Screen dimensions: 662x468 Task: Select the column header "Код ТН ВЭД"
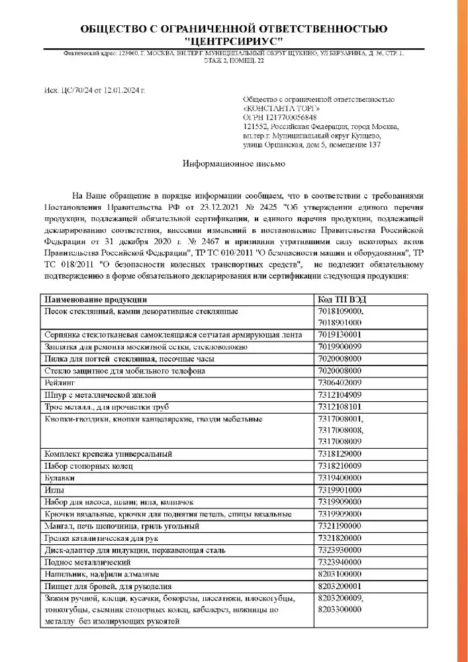pos(342,299)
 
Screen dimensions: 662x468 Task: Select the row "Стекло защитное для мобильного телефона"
pos(124,371)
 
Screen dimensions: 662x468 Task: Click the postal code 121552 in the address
pos(256,126)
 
